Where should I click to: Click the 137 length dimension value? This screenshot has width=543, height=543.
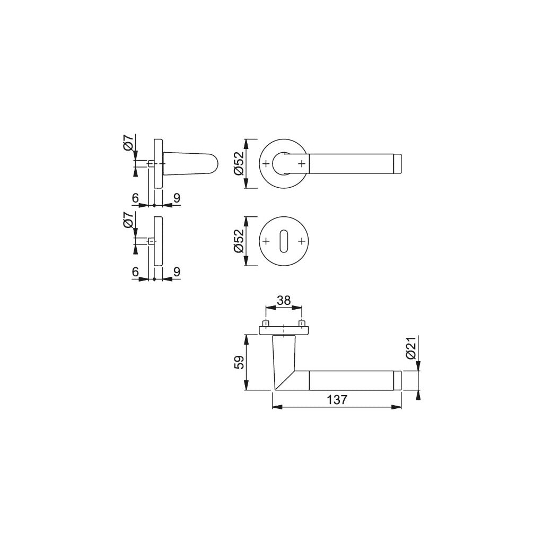point(337,400)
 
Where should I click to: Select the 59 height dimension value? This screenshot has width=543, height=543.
point(239,363)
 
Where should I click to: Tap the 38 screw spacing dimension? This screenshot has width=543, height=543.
point(284,300)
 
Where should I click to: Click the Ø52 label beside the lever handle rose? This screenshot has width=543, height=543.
point(239,163)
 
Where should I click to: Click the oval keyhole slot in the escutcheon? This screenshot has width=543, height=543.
point(284,241)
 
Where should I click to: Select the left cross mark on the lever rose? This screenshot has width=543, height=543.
point(266,163)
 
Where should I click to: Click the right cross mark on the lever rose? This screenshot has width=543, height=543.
point(302,163)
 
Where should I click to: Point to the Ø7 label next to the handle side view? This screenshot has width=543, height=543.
point(128,143)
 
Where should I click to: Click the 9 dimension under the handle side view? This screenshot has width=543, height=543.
point(177,198)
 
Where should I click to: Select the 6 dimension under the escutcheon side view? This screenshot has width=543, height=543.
point(135,271)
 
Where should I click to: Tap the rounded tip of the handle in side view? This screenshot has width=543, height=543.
point(212,163)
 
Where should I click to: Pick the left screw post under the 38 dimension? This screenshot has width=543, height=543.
point(266,323)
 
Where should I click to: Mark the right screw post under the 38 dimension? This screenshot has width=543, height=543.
point(302,323)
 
